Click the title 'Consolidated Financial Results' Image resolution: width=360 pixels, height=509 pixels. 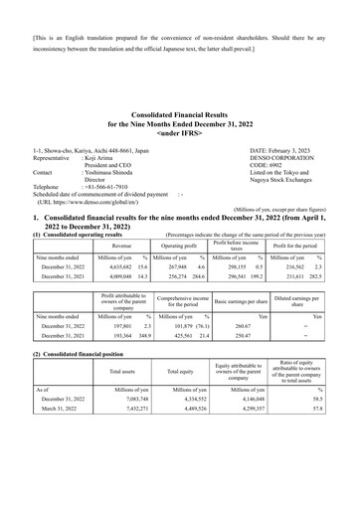click(x=180, y=116)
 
